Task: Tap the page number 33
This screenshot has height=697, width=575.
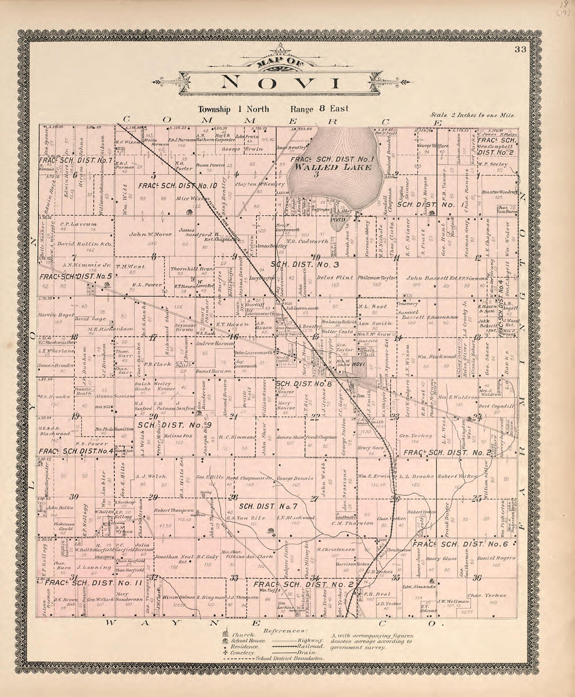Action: (x=520, y=50)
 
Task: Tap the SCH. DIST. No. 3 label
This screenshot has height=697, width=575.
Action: (x=305, y=265)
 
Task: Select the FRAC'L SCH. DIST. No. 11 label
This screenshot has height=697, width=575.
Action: (x=94, y=582)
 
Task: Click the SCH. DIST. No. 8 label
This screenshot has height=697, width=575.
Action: (x=304, y=384)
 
